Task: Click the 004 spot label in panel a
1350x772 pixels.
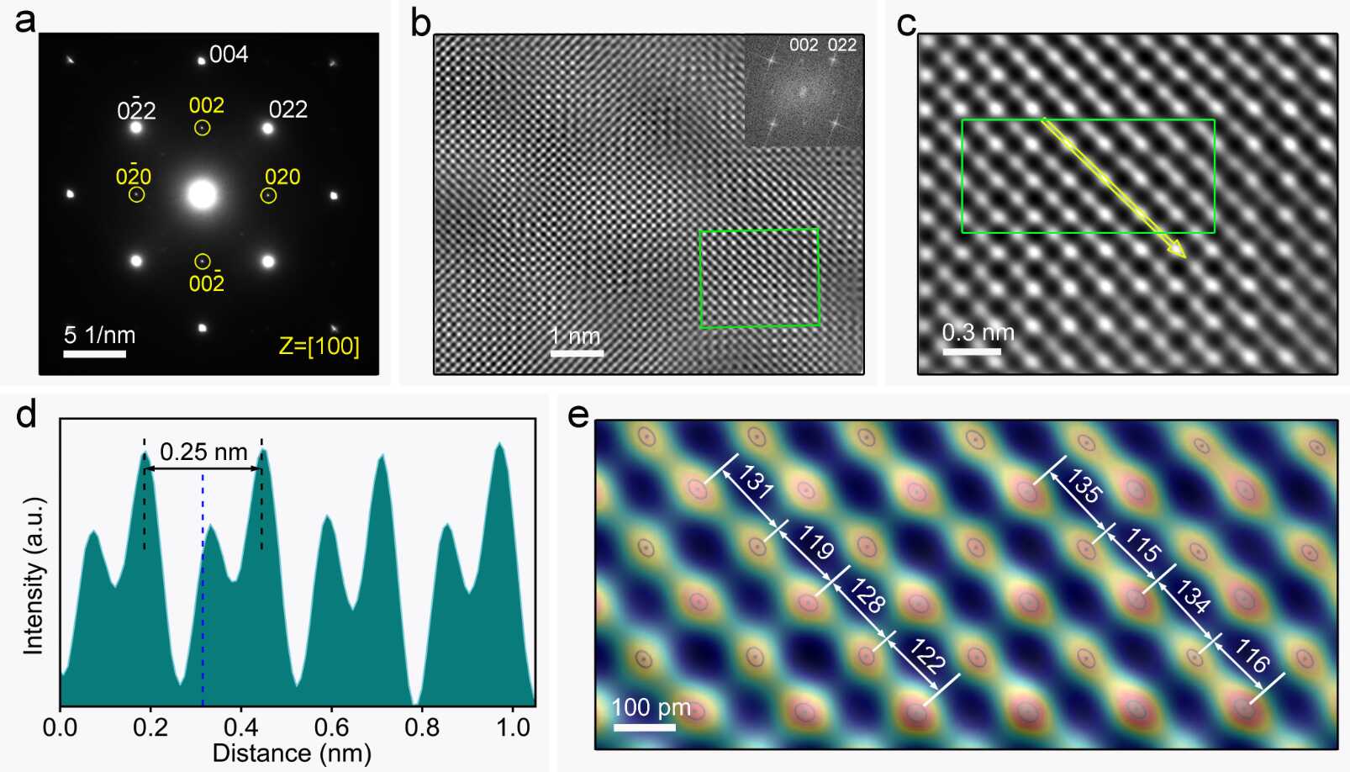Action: point(229,55)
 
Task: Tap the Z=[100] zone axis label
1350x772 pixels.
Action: point(319,346)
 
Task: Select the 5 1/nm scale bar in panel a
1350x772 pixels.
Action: point(94,354)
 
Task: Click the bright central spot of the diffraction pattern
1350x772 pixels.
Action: point(202,194)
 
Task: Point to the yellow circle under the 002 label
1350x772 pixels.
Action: point(202,128)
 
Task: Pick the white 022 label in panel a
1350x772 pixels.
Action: point(287,109)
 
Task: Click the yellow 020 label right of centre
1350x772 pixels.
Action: point(282,177)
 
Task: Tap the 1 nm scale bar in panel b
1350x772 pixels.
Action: point(577,353)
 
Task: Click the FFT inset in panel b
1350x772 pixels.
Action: point(804,91)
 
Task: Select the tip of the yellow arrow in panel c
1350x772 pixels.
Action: point(1184,256)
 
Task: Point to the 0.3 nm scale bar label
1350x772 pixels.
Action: point(978,332)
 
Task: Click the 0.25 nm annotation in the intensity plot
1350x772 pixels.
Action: point(203,452)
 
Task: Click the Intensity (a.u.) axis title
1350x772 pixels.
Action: point(33,575)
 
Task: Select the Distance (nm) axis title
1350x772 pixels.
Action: point(292,753)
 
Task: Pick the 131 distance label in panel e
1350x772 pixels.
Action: point(754,484)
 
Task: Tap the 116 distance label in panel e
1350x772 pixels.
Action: point(1252,656)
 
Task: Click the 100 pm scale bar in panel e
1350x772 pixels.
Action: point(644,727)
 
